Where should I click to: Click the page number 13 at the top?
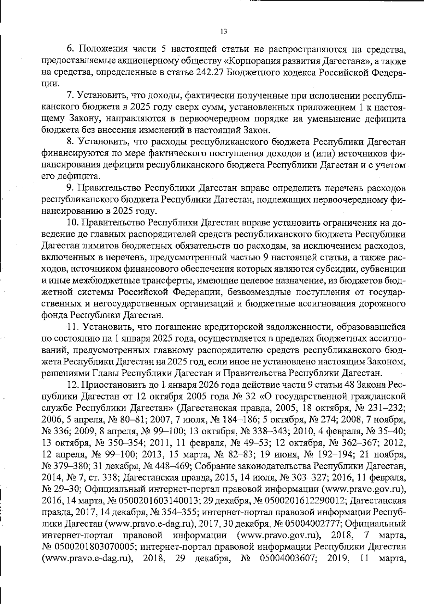pyautogui.click(x=223, y=31)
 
